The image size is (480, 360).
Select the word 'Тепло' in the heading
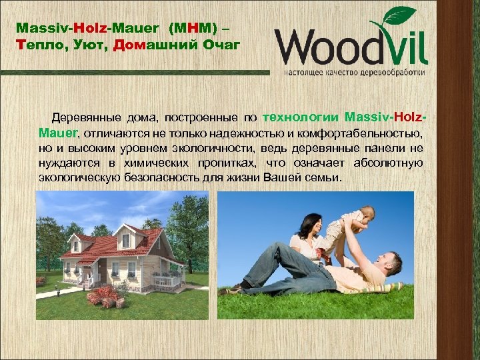tap(37, 44)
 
